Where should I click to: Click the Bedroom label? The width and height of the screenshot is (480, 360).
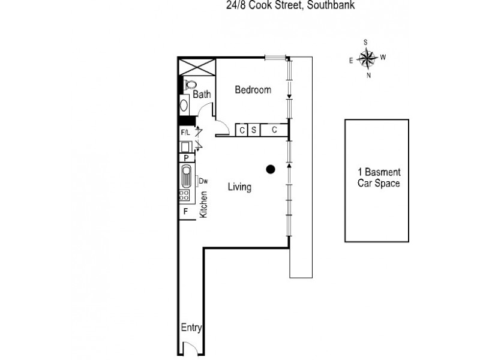coord(253,90)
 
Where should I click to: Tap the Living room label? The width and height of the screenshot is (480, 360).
coord(239,187)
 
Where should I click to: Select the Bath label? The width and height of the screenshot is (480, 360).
coord(202,95)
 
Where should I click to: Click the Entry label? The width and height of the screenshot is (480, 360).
coord(191,328)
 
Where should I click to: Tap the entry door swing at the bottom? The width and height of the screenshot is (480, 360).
coord(191,348)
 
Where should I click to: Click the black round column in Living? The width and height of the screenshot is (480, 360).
coord(271,169)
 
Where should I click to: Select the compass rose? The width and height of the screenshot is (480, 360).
coord(367,58)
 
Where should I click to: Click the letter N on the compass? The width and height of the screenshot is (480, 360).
coord(368,76)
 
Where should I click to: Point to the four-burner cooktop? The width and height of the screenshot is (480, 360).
coord(185,195)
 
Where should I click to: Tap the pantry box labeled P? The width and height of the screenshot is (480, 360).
coord(187,158)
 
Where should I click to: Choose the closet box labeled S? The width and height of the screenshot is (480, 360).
coord(254,130)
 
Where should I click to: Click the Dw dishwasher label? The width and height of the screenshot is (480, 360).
coord(203,181)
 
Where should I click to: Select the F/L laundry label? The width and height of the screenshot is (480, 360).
coord(185,132)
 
